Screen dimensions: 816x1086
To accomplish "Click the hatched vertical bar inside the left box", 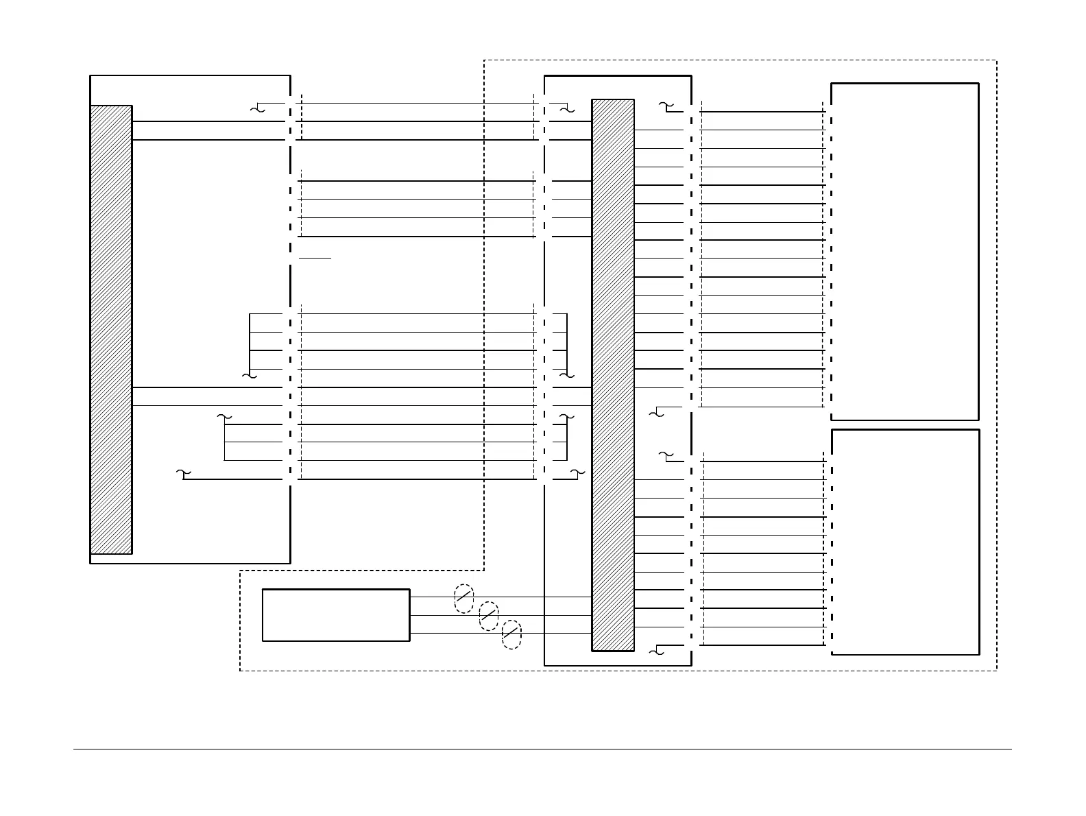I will coord(111,329).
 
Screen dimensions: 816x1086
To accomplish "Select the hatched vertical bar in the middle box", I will coord(613,374).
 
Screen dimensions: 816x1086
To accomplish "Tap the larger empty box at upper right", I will coord(904,251).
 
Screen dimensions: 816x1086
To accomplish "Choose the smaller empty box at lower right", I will coord(905,542).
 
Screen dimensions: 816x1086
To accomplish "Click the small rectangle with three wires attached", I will coord(336,615).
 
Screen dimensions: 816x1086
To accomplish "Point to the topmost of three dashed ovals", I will coord(464,599).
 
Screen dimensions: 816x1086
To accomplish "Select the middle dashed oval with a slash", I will coord(488,616).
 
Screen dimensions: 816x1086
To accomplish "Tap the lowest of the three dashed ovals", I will coord(511,634).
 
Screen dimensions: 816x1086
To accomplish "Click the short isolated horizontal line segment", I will coord(315,259).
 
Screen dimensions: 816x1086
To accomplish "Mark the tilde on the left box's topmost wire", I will coord(258,108).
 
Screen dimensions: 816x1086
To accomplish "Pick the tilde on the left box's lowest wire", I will coord(182,473).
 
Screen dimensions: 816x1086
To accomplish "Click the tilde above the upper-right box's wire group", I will coord(665,106).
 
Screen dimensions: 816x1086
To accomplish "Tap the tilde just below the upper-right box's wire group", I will coord(655,413).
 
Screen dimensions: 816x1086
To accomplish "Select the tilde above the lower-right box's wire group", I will coord(665,455).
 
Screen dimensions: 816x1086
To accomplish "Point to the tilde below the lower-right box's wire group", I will coord(655,651).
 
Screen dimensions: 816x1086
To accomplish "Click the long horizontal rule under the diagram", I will coord(542,749).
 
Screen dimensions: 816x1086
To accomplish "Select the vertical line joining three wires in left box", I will coord(225,442).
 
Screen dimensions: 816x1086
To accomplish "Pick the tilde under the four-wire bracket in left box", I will coord(250,376).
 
